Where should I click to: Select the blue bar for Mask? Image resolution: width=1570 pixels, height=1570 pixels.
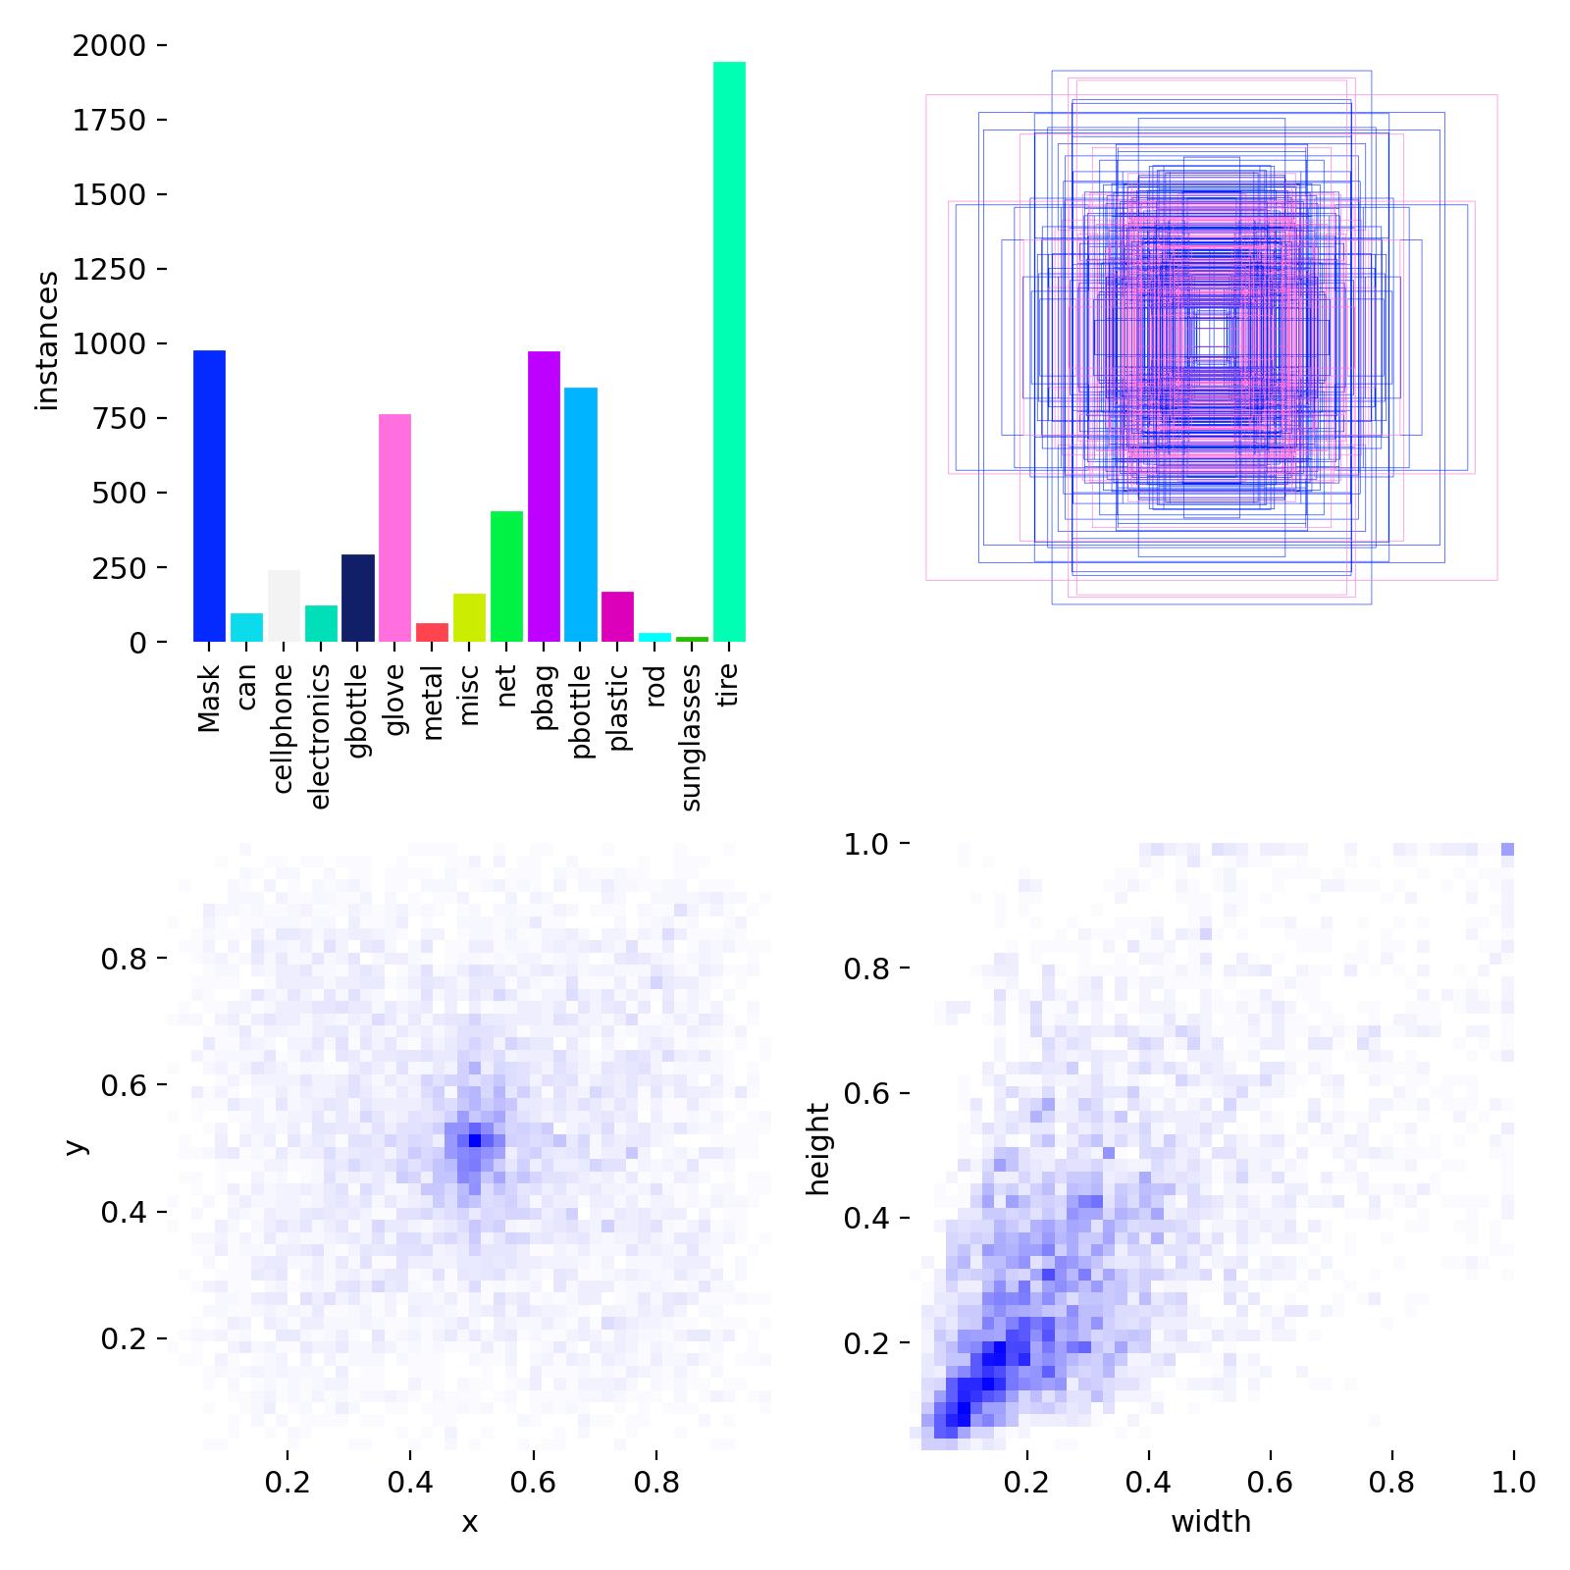point(209,496)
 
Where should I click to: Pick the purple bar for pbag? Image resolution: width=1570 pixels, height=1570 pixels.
point(544,496)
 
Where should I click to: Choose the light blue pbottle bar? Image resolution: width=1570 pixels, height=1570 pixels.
point(580,514)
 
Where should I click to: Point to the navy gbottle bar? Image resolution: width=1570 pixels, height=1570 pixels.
point(358,598)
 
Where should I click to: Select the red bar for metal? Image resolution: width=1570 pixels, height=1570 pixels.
point(432,632)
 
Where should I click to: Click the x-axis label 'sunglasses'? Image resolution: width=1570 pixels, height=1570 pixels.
point(691,738)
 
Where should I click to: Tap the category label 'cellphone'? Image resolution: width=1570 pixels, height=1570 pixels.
point(283,728)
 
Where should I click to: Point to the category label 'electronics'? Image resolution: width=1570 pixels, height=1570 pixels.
point(320,736)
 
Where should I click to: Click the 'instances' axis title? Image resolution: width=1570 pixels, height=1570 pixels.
point(47,341)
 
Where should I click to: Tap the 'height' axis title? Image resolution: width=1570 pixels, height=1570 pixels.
point(817,1149)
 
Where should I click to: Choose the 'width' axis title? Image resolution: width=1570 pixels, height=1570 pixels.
point(1211,1522)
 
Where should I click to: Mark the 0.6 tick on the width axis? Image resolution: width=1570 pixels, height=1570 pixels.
point(1271,1481)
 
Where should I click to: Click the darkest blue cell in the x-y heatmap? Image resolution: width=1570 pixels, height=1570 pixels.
point(475,1139)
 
